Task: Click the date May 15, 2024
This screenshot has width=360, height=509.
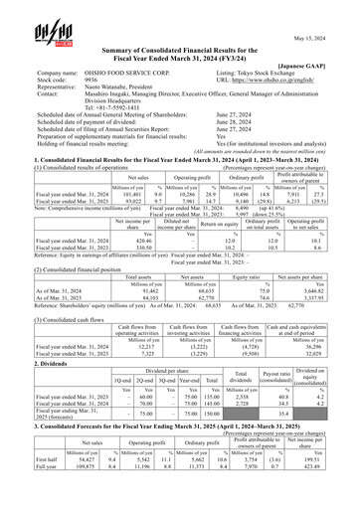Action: (327, 12)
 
